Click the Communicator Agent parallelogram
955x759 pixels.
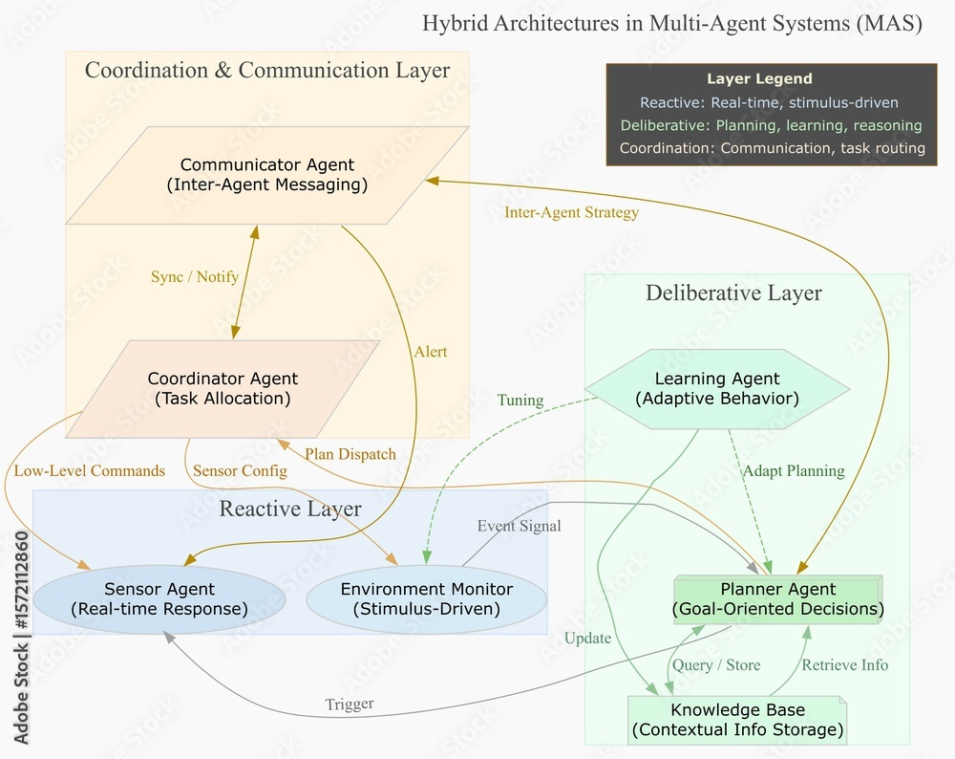pyautogui.click(x=266, y=175)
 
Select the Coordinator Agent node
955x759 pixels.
pyautogui.click(x=223, y=388)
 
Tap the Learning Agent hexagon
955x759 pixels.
pyautogui.click(x=716, y=388)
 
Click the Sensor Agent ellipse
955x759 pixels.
pyautogui.click(x=159, y=599)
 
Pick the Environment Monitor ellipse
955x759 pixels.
pyautogui.click(x=426, y=599)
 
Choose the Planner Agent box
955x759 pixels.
pyautogui.click(x=777, y=599)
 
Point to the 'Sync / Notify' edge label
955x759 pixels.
pyautogui.click(x=195, y=277)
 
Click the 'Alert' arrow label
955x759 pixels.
pyautogui.click(x=430, y=352)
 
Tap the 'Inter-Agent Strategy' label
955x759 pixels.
pyautogui.click(x=571, y=212)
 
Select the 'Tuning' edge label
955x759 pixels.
pyautogui.click(x=520, y=400)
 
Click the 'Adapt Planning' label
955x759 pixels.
pyautogui.click(x=793, y=470)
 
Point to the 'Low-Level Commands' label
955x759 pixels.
pyautogui.click(x=90, y=470)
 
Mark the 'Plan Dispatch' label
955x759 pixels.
pyautogui.click(x=350, y=454)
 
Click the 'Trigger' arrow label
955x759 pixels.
pyautogui.click(x=349, y=705)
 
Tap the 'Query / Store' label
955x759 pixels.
pyautogui.click(x=716, y=664)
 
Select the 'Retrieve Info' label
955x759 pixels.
pyautogui.click(x=844, y=664)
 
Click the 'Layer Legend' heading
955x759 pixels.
pyautogui.click(x=759, y=79)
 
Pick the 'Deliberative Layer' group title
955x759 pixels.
pyautogui.click(x=733, y=293)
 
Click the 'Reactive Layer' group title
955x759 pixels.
pyautogui.click(x=290, y=509)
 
